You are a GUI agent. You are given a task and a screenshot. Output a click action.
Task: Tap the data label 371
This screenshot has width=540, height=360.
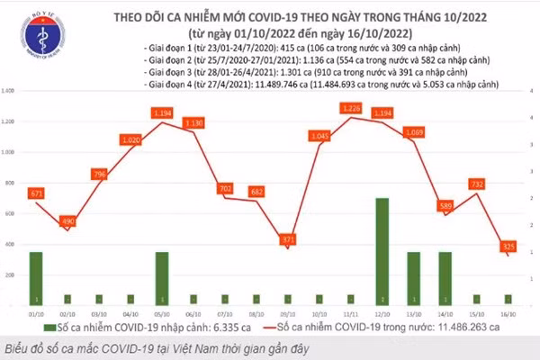click(287, 239)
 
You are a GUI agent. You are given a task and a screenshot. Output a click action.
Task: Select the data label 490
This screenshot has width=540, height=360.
click(67, 221)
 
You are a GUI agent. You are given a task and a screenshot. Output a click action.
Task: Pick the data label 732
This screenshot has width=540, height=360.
click(478, 184)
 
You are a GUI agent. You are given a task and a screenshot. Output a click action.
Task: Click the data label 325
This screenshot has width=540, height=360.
click(509, 246)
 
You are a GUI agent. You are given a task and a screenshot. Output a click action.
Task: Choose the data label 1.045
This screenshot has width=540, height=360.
click(319, 136)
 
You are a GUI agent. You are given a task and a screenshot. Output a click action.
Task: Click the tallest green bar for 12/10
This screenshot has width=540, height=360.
click(382, 251)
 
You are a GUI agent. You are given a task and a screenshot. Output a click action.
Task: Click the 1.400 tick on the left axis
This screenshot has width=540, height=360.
click(11, 92)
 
